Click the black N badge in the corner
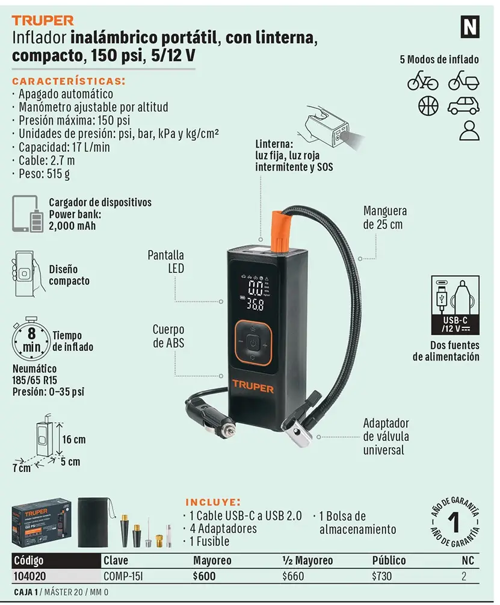pos(470,27)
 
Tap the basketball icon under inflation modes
pos(428,106)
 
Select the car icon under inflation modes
pos(463,105)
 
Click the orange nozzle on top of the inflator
pos(280,230)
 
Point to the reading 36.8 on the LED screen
pos(255,305)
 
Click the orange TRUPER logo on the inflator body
pos(253,386)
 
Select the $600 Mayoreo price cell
pos(205,576)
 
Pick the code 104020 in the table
pos(29,576)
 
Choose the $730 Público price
pos(381,576)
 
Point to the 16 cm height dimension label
pos(74,439)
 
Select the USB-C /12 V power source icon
pos(455,305)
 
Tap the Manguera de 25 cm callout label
pos(384,217)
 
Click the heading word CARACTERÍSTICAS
pos(69,81)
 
